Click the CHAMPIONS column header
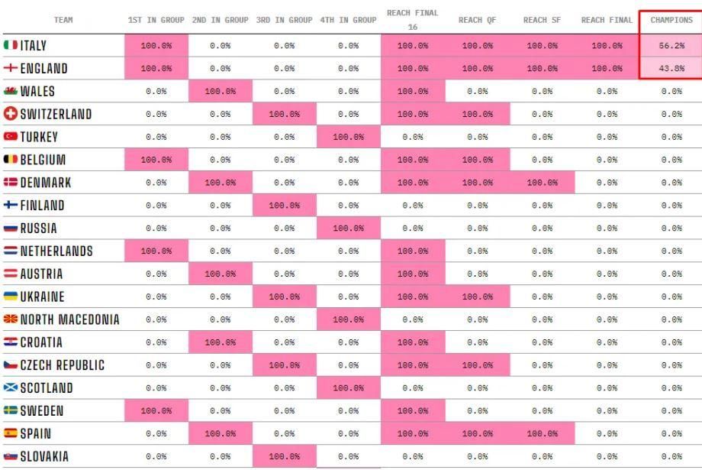coord(671,20)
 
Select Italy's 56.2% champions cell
coord(671,46)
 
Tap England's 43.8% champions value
coord(671,69)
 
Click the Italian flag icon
coord(10,45)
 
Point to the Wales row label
coord(37,91)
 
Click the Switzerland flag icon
coord(10,114)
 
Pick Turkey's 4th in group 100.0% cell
coord(348,137)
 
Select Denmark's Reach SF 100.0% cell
coord(543,183)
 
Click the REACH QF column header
coord(477,20)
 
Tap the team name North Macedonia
coord(70,319)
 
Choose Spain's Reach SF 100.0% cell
coord(543,433)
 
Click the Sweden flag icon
coord(10,410)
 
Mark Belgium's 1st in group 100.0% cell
coord(156,160)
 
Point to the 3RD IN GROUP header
coord(285,20)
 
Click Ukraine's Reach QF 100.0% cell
coord(477,297)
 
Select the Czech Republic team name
coord(63,365)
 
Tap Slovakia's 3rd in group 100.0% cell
coord(285,456)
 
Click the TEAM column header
coord(63,20)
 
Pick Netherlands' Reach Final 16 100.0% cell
coord(413,251)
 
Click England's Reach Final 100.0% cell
coord(607,69)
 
